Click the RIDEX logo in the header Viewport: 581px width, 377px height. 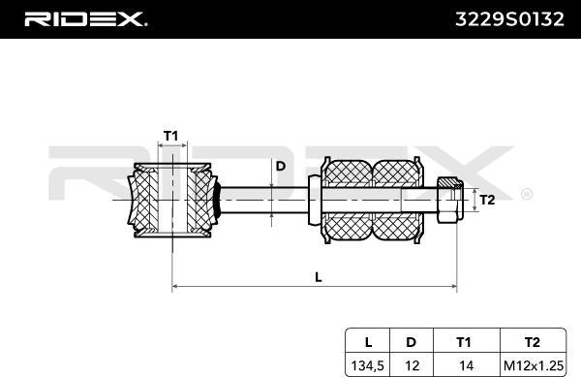tap(84, 18)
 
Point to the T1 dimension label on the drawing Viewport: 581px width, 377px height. tap(170, 136)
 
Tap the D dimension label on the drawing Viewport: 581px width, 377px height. tap(281, 166)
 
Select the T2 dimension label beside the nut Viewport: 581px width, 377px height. tap(489, 201)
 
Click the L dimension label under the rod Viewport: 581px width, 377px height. tap(318, 277)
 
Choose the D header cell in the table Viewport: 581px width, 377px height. tap(412, 340)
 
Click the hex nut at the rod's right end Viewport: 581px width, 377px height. tap(449, 202)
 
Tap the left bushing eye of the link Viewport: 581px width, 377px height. tap(171, 201)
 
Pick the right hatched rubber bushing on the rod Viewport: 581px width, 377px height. tap(397, 201)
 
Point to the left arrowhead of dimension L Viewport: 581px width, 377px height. tap(175, 287)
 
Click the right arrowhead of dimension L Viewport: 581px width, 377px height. tap(455, 287)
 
